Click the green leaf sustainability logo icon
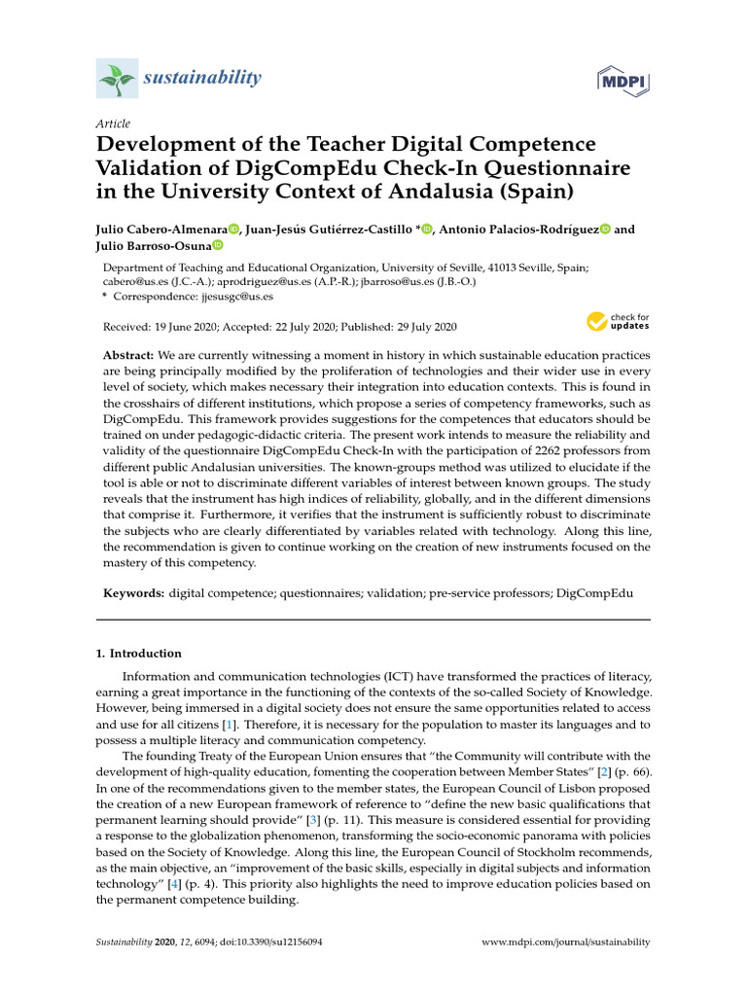click(117, 79)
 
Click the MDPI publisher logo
click(622, 80)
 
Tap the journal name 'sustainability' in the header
click(202, 78)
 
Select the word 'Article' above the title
click(113, 124)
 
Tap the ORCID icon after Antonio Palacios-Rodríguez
click(605, 230)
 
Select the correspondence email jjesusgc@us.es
click(236, 296)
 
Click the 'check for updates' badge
click(618, 322)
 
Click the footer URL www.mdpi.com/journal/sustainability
click(566, 943)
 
